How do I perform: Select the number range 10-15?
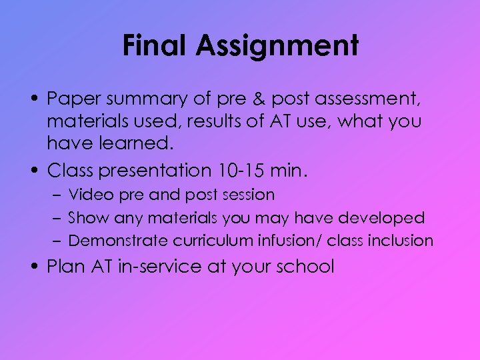coord(241,170)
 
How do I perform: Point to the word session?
coord(251,195)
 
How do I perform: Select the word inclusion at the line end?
coord(401,240)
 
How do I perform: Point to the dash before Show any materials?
coord(58,218)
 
